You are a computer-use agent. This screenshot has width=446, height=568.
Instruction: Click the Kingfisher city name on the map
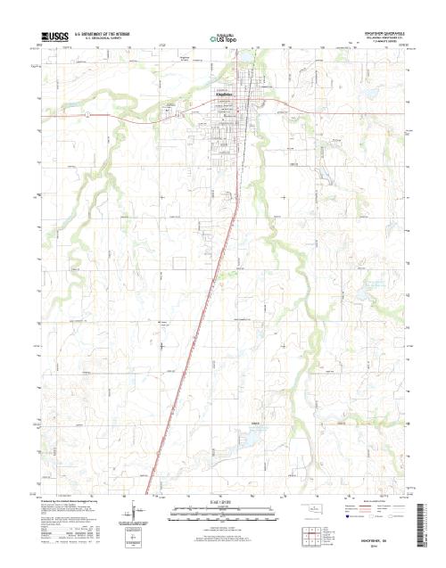[222, 93]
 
